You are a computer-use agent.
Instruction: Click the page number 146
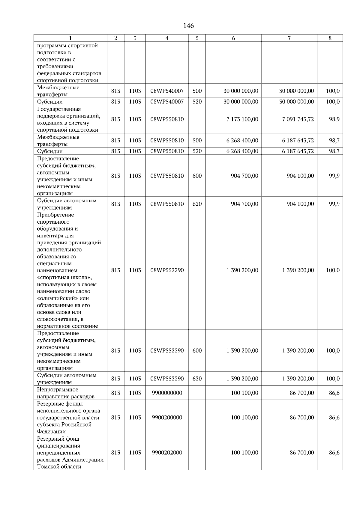tap(188, 26)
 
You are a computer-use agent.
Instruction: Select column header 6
tap(233, 38)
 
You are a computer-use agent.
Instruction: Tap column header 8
tap(330, 38)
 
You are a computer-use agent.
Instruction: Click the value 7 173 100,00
tap(242, 119)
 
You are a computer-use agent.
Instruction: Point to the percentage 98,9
tap(334, 119)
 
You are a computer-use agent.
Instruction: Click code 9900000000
tap(167, 393)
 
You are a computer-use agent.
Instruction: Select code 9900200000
tap(167, 418)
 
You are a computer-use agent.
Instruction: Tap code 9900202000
tap(167, 453)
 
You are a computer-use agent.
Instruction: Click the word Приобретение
tap(55, 215)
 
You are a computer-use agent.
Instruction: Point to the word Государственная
tap(59, 109)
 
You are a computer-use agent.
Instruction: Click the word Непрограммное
tap(58, 390)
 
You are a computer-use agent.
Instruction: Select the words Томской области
tap(59, 467)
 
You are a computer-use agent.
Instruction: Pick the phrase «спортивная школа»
tap(64, 278)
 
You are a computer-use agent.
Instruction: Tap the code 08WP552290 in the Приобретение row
tap(167, 270)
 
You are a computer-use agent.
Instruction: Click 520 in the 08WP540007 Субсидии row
tap(197, 102)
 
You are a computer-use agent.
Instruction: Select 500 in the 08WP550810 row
tap(197, 141)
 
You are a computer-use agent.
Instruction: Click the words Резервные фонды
tap(60, 404)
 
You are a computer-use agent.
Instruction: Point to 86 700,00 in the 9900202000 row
tap(302, 453)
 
